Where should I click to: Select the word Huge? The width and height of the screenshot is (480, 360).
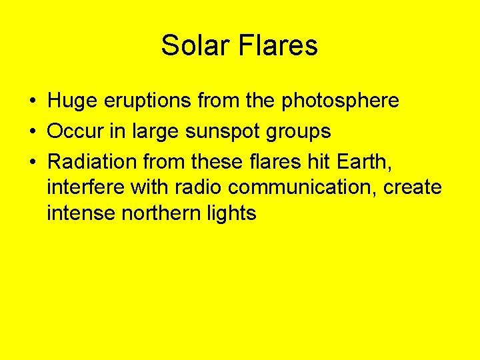tap(72, 101)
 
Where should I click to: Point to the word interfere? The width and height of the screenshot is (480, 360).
tap(86, 187)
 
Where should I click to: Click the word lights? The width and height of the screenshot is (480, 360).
tap(233, 213)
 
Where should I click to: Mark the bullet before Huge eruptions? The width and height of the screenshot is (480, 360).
tap(32, 101)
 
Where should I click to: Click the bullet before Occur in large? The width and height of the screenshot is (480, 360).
tap(32, 132)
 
